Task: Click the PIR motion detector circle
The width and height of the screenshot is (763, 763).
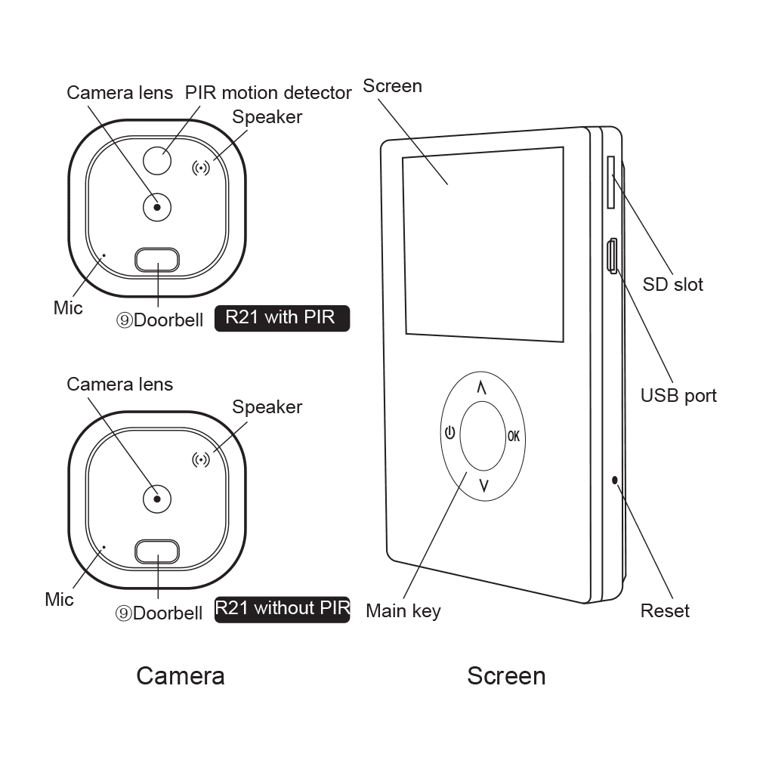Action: pyautogui.click(x=157, y=160)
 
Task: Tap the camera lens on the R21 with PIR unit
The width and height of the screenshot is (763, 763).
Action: pyautogui.click(x=157, y=207)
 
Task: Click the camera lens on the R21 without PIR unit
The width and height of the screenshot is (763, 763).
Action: pyautogui.click(x=157, y=497)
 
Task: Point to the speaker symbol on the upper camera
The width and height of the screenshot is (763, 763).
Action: pyautogui.click(x=201, y=168)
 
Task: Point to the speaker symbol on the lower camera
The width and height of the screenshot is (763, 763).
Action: pyautogui.click(x=201, y=459)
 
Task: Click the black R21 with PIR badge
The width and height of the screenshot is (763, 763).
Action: pyautogui.click(x=283, y=317)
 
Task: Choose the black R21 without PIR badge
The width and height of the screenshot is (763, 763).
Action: pyautogui.click(x=283, y=609)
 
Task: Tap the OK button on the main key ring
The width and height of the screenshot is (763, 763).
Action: pyautogui.click(x=514, y=436)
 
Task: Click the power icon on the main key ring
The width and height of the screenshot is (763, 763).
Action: pyautogui.click(x=449, y=434)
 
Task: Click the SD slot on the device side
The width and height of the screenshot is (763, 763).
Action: pyautogui.click(x=610, y=183)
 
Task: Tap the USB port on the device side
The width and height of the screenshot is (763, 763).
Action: pyautogui.click(x=613, y=255)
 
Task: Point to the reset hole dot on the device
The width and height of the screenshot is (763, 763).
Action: pyautogui.click(x=615, y=480)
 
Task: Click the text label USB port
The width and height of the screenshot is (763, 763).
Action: pyautogui.click(x=678, y=395)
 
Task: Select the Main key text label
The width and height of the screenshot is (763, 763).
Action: pyautogui.click(x=403, y=610)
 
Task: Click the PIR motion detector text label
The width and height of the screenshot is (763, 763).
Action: pyautogui.click(x=268, y=93)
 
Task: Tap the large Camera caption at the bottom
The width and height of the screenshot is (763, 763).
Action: pyautogui.click(x=180, y=675)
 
